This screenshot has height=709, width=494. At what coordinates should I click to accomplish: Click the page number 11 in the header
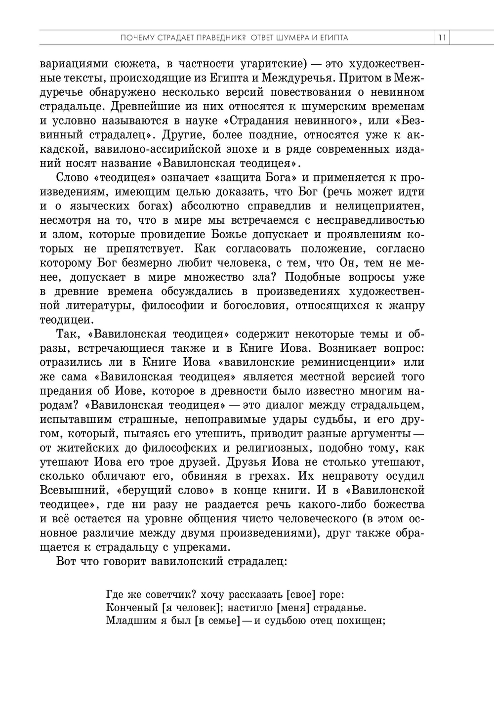coord(442,38)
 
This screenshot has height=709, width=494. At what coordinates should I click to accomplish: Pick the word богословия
coord(248,306)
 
